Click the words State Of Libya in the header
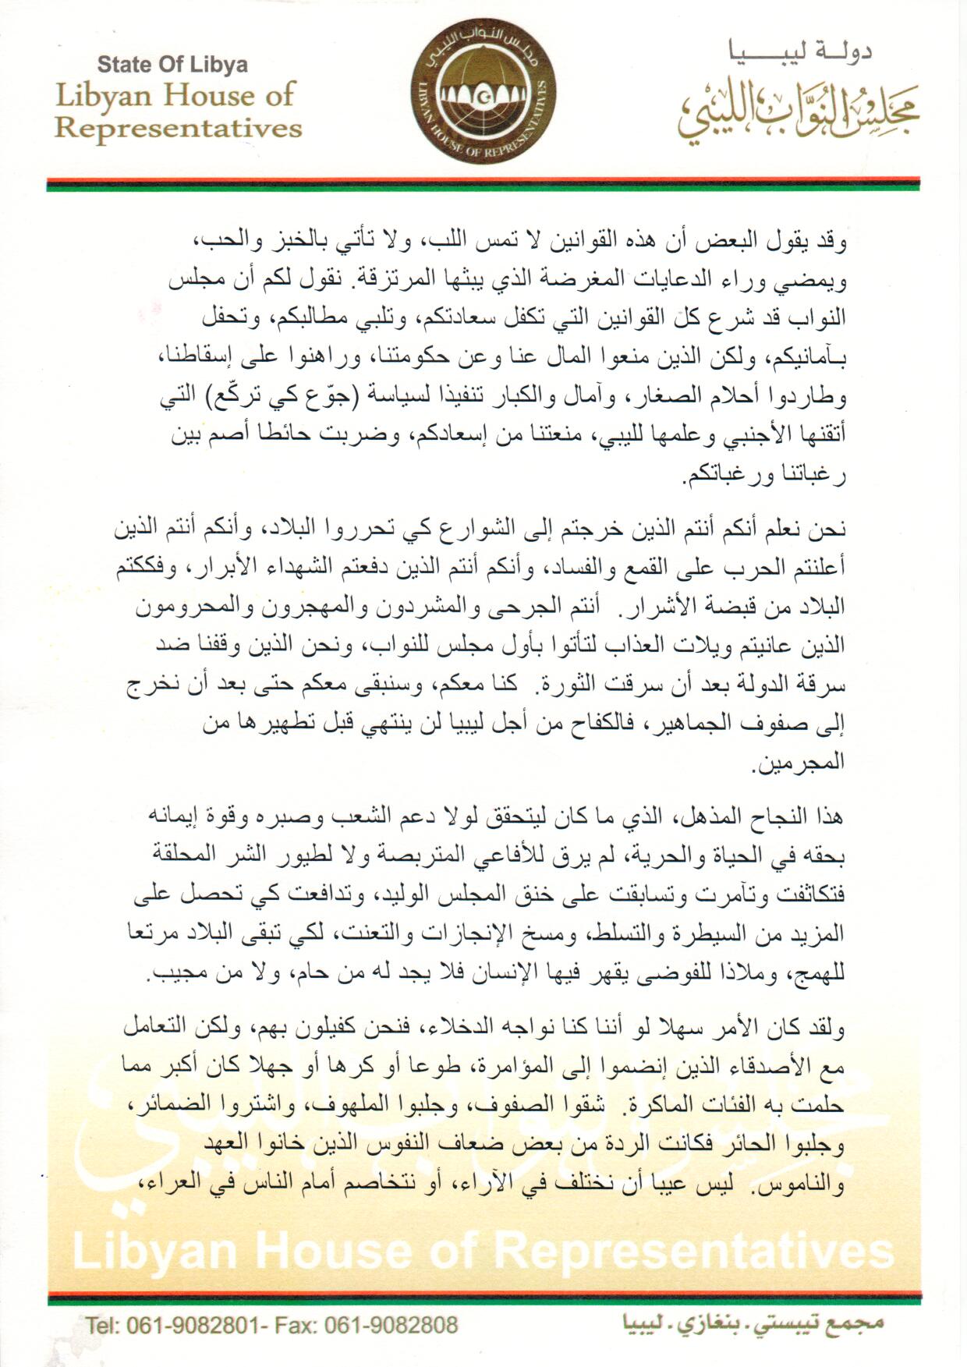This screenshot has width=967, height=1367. [172, 64]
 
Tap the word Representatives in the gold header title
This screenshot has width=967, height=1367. [178, 127]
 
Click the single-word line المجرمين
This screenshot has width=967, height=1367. [800, 762]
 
